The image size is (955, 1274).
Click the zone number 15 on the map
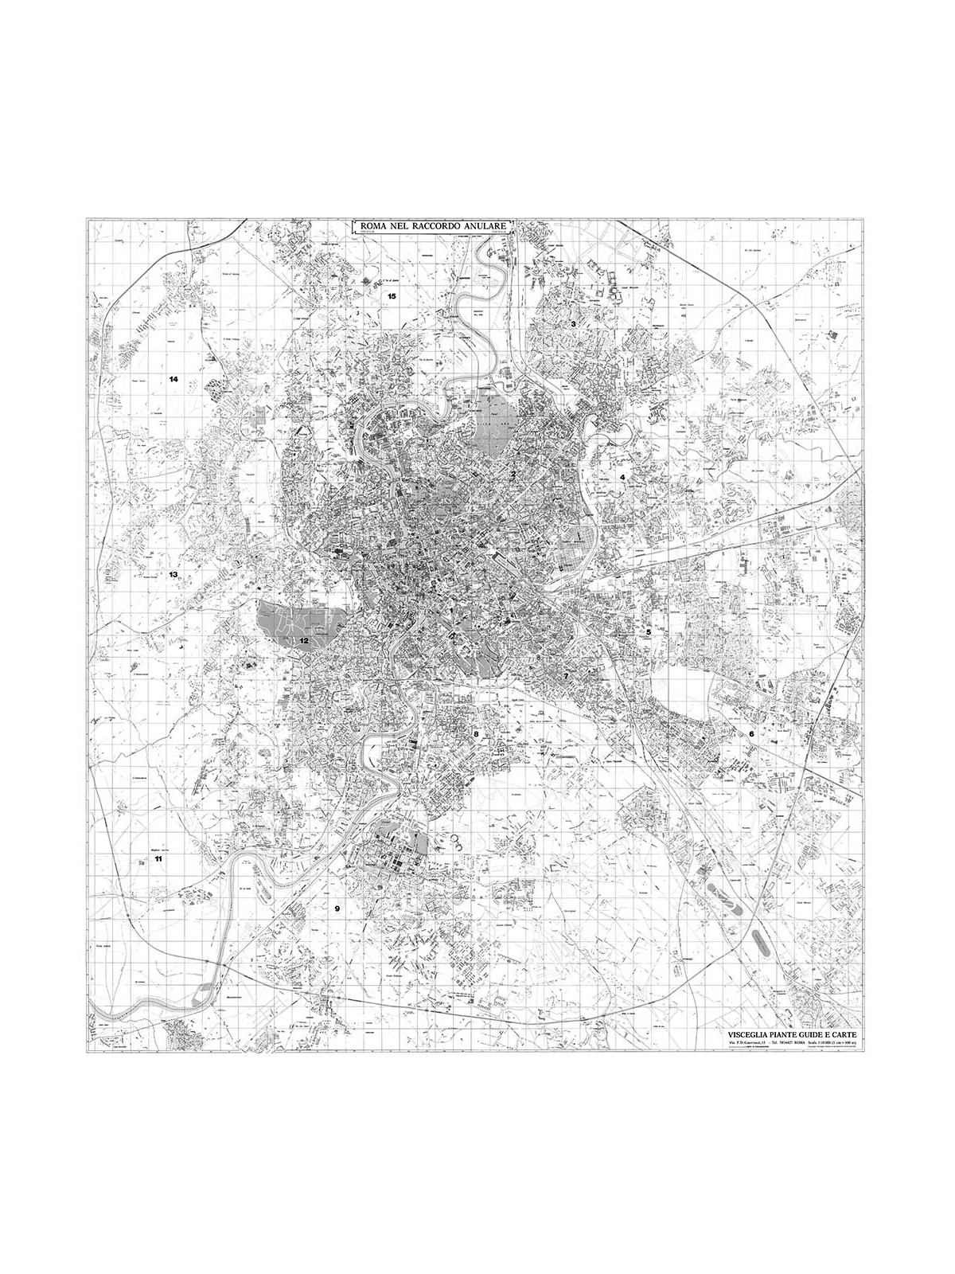(x=391, y=296)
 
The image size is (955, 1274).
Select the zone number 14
(x=173, y=379)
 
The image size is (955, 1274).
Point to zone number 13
(x=173, y=574)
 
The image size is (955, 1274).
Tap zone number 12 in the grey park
(x=303, y=640)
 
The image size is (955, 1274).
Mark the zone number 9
(x=337, y=909)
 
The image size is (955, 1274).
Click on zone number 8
(x=476, y=733)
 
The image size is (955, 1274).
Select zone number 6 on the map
(x=750, y=733)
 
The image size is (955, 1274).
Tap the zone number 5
(x=649, y=631)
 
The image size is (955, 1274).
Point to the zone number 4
(x=622, y=478)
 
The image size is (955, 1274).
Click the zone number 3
(x=573, y=325)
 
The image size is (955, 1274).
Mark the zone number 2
(x=514, y=475)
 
